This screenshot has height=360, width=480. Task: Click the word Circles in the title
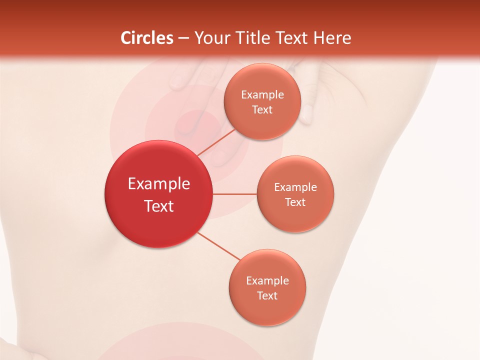pyautogui.click(x=147, y=38)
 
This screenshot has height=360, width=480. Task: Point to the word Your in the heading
pyautogui.click(x=210, y=38)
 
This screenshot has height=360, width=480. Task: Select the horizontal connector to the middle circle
pyautogui.click(x=234, y=193)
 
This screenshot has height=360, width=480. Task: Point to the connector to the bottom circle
pyautogui.click(x=218, y=246)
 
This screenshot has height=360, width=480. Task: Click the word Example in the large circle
pyautogui.click(x=159, y=184)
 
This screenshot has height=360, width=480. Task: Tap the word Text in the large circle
pyautogui.click(x=159, y=206)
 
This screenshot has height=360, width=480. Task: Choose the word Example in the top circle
pyautogui.click(x=262, y=95)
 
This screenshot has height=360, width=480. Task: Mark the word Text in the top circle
pyautogui.click(x=262, y=110)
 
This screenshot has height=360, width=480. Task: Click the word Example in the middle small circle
pyautogui.click(x=295, y=187)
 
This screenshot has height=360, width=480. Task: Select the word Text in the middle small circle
pyautogui.click(x=295, y=202)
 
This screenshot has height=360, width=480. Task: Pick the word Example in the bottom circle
pyautogui.click(x=267, y=281)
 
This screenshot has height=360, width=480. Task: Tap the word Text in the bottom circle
pyautogui.click(x=267, y=296)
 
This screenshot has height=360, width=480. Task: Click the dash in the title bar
pyautogui.click(x=183, y=38)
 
